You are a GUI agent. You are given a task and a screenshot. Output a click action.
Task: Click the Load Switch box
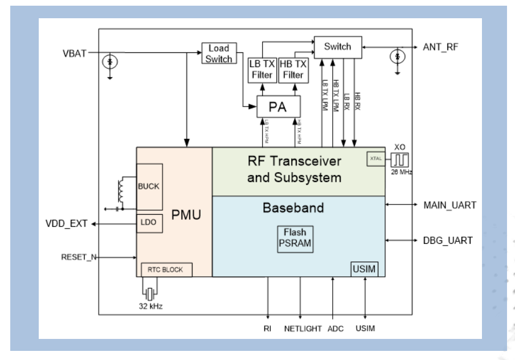(218, 52)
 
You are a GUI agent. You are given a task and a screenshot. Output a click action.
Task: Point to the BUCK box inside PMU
(149, 186)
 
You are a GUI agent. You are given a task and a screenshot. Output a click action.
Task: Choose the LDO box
(149, 224)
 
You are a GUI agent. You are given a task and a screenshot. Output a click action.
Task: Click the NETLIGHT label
(300, 328)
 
